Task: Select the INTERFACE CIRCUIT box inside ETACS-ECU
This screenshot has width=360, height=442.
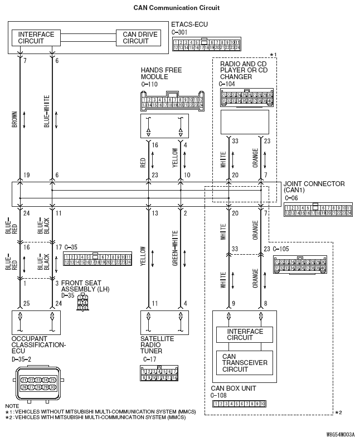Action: [36, 38]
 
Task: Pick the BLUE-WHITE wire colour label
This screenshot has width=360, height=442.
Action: [47, 112]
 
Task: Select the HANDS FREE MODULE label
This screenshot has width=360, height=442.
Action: [162, 74]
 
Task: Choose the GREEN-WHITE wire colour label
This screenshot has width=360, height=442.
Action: [175, 248]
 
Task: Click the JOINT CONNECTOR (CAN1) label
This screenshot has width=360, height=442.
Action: [314, 187]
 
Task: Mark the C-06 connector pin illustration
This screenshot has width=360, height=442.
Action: [318, 209]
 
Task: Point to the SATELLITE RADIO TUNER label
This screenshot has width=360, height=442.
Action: [157, 344]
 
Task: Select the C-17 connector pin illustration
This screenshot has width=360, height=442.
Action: [159, 373]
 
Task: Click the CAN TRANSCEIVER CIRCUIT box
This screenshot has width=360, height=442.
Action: [245, 362]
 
